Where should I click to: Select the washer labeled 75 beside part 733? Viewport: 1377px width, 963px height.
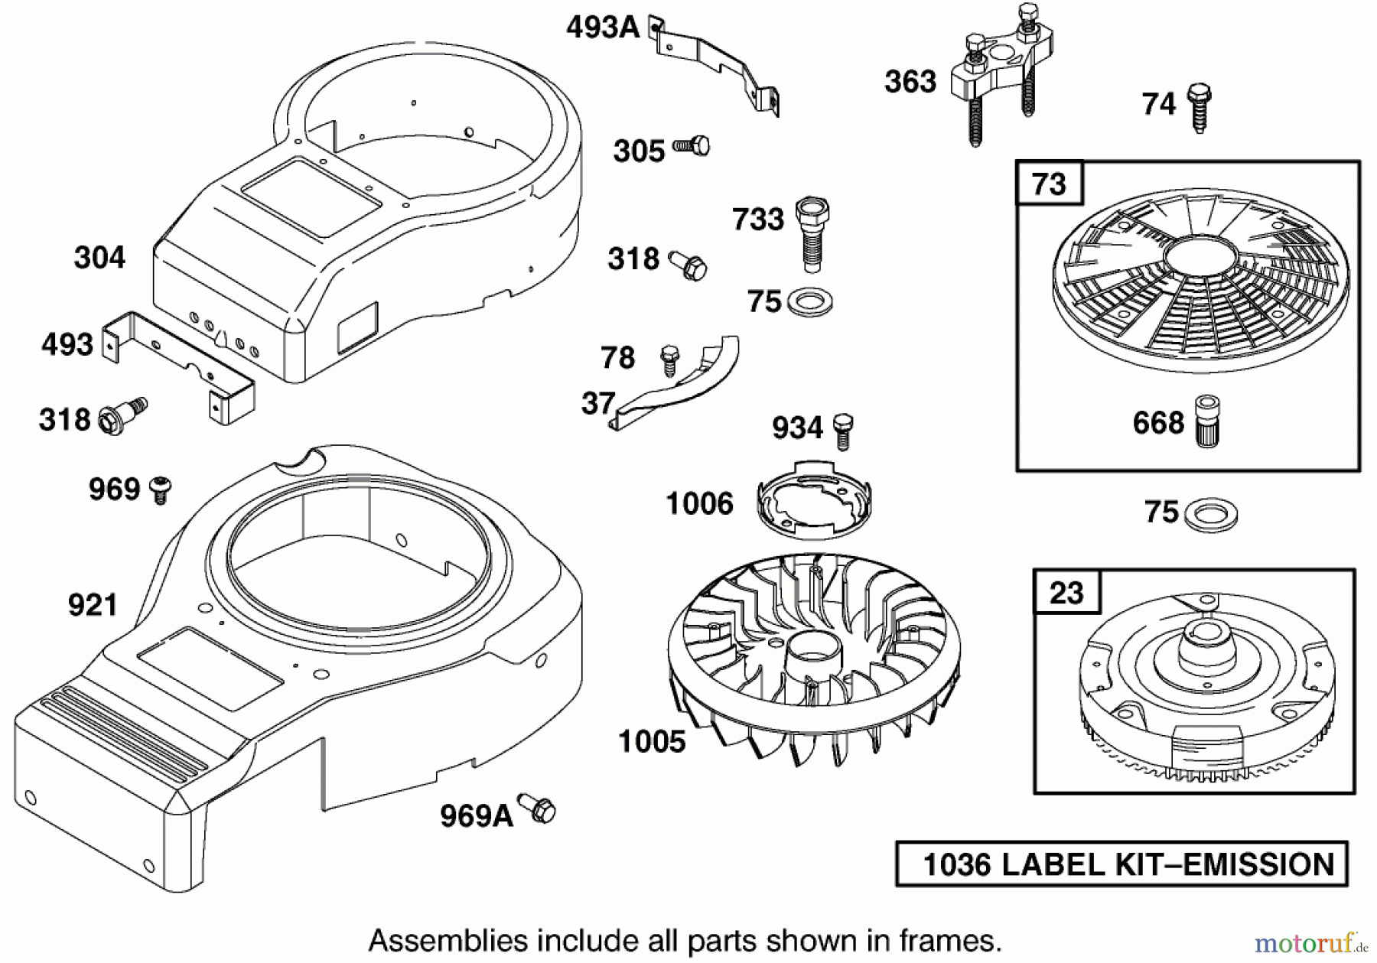pos(810,301)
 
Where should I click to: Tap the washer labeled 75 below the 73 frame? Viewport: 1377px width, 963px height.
pos(1210,514)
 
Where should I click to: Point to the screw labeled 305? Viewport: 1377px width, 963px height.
pos(692,145)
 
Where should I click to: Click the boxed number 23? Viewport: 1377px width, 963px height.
pos(1066,592)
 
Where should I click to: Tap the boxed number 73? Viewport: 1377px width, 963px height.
pos(1049,184)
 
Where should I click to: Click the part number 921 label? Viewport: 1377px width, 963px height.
pos(93,606)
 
